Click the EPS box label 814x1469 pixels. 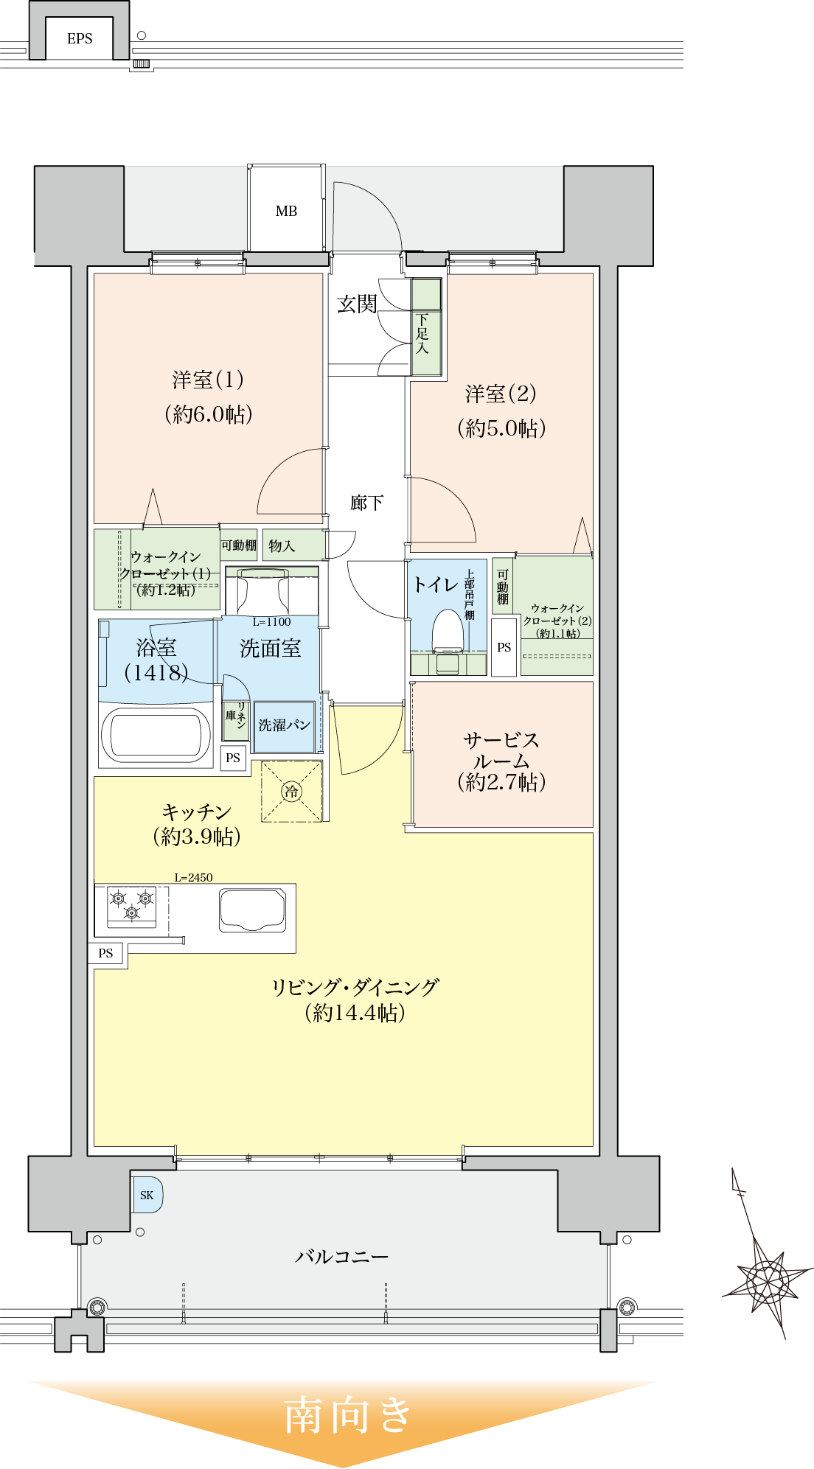[80, 39]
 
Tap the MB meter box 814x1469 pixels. [286, 211]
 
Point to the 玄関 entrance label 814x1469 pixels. [357, 304]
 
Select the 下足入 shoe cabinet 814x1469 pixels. [425, 328]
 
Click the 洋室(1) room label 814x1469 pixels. [208, 380]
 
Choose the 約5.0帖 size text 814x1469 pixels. [501, 428]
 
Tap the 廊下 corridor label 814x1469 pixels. [366, 503]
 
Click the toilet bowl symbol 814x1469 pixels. [447, 632]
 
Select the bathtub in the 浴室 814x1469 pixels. [156, 735]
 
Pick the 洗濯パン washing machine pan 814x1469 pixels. [284, 726]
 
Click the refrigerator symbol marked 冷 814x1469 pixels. [292, 792]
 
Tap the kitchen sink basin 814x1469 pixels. [252, 910]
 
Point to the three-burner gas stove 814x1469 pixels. [132, 906]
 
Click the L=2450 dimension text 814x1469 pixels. [193, 877]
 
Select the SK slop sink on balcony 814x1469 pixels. [147, 1195]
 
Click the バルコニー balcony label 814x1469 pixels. [341, 1256]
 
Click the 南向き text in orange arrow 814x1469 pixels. [347, 1414]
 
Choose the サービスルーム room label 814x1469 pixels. [501, 750]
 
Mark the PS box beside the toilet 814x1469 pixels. [504, 647]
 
